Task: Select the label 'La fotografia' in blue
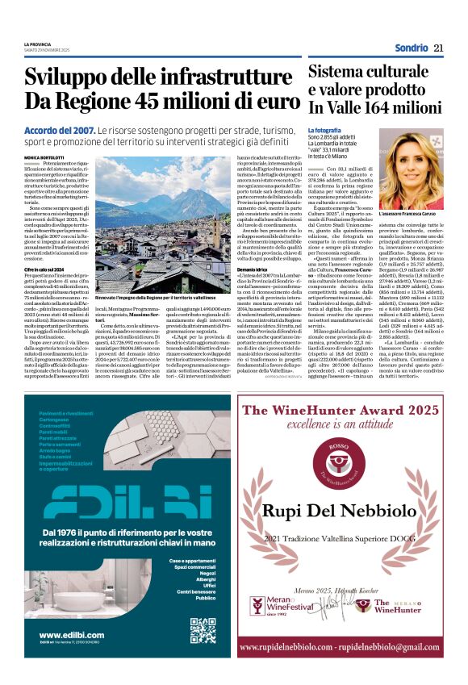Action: tap(324, 130)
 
